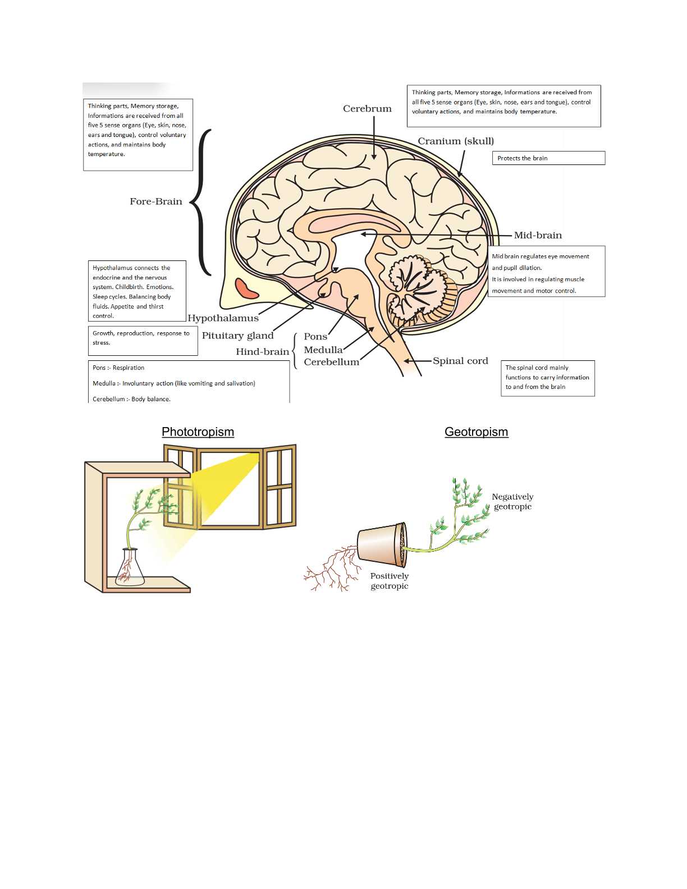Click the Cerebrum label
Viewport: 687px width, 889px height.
point(367,109)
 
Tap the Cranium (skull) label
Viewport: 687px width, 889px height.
point(456,141)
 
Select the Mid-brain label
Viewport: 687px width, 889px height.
point(538,236)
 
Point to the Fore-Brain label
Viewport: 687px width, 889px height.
point(156,201)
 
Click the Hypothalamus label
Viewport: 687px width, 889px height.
point(223,318)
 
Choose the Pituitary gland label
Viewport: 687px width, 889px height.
point(237,336)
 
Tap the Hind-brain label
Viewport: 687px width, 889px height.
point(262,352)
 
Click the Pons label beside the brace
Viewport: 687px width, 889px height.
point(315,337)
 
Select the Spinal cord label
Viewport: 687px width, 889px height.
point(460,361)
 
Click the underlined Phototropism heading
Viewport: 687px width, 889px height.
point(198,432)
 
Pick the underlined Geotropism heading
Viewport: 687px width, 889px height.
point(476,432)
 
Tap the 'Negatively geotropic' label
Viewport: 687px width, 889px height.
point(512,502)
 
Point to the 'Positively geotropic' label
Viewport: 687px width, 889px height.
point(390,581)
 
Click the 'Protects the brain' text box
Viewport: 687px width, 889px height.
point(548,158)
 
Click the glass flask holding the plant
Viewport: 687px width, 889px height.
point(130,570)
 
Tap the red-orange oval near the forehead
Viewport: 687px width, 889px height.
point(246,288)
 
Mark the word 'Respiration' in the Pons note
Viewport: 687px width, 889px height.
point(129,368)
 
